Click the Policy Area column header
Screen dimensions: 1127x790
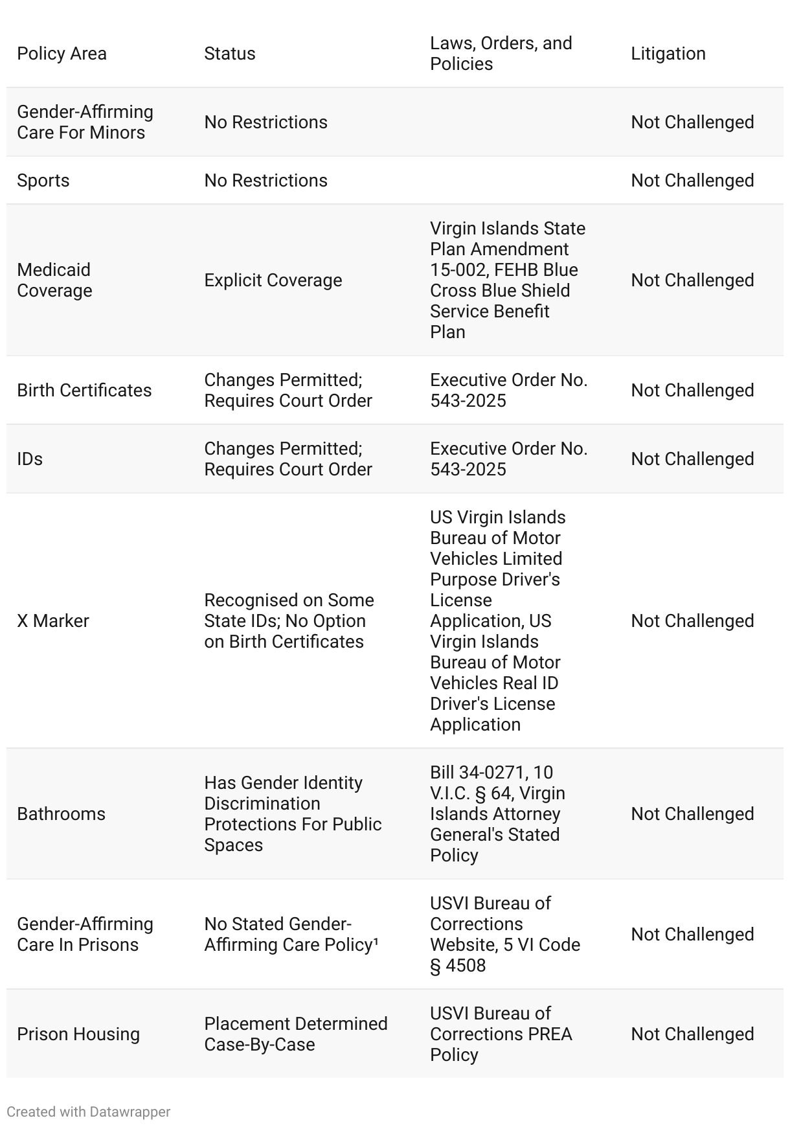62,54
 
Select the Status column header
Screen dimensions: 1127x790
229,54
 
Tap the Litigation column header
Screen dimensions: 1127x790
668,54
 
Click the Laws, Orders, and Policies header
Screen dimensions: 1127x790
501,54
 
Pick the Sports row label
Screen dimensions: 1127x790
43,181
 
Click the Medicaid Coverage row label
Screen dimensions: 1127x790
54,280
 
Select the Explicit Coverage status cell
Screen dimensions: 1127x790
273,280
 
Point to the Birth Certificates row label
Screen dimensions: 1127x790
84,391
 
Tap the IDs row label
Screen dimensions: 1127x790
30,459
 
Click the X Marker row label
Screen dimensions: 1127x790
52,621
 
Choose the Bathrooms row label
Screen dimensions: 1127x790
61,814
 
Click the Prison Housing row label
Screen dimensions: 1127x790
78,1034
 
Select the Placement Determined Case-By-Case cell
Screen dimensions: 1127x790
295,1034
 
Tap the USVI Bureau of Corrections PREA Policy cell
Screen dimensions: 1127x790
501,1034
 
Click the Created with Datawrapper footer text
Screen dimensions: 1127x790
88,1112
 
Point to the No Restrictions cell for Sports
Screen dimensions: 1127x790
265,181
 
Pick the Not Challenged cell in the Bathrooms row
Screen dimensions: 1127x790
692,814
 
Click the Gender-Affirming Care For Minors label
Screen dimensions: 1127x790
85,122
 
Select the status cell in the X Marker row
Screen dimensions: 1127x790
289,621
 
